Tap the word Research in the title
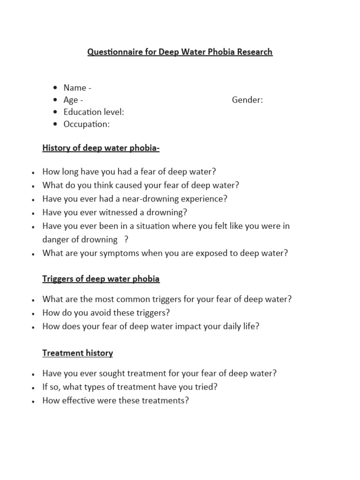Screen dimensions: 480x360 coord(254,52)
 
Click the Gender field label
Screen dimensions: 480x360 coord(247,100)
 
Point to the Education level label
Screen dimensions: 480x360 coord(94,112)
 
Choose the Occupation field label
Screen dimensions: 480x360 coord(87,124)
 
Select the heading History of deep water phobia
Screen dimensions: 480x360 coord(101,149)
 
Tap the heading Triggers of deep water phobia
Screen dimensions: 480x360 coord(101,279)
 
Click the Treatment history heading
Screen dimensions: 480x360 coord(77,353)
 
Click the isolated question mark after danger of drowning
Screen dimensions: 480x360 coord(126,240)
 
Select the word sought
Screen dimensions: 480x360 coord(108,374)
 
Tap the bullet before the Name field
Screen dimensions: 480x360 coord(56,88)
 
